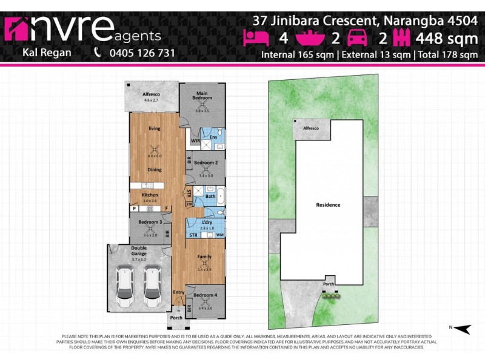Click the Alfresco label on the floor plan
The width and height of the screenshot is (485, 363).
pos(150,95)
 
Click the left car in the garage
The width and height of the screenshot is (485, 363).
pos(125,286)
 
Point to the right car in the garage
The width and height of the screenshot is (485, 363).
pos(152,286)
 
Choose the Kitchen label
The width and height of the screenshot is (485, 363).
pos(150,195)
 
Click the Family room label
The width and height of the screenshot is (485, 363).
pos(205,257)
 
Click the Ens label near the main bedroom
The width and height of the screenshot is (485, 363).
pos(213,137)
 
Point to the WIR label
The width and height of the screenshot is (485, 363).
pos(195,141)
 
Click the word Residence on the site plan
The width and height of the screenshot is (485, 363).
pos(328,204)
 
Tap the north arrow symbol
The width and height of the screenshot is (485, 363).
pos(462,329)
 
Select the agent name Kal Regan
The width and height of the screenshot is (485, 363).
pos(46,53)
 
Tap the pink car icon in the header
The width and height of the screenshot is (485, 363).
pos(356,38)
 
